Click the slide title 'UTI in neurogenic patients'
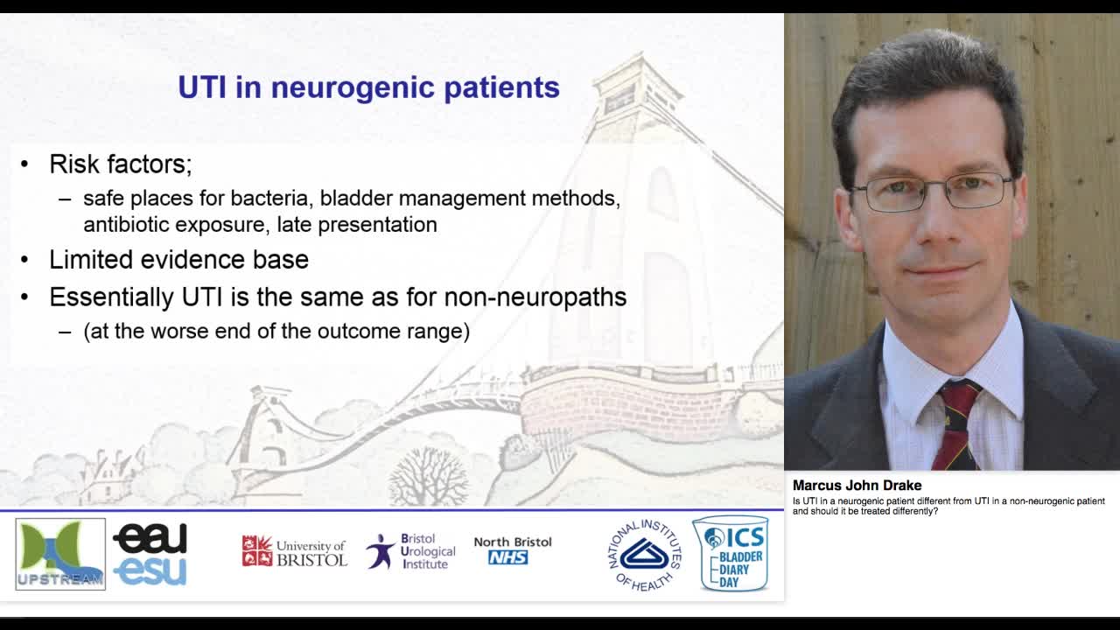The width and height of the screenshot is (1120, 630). point(368,87)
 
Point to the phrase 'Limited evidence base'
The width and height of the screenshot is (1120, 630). point(178,260)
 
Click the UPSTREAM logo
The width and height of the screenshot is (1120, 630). point(60,554)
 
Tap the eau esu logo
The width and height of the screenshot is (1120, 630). point(150,554)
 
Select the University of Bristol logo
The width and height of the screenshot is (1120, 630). point(294,552)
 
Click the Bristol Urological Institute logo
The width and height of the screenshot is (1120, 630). point(411,552)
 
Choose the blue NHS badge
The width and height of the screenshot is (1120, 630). point(508,557)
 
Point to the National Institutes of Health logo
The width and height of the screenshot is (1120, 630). point(645,555)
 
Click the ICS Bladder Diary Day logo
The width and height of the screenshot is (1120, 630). point(731,554)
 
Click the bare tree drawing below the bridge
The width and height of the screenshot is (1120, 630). point(428,477)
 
